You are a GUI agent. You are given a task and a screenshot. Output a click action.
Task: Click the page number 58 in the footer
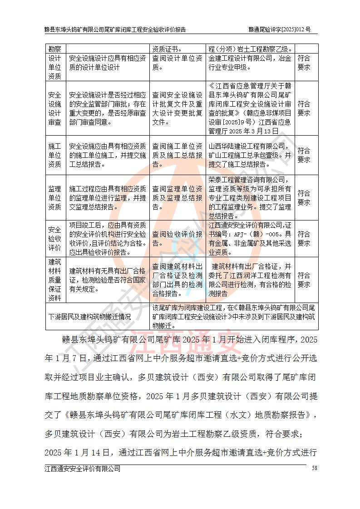[x=314, y=468]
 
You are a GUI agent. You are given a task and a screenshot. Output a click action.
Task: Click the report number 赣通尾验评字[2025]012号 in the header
[x=280, y=29]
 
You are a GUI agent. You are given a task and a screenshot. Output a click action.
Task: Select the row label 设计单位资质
[x=54, y=67]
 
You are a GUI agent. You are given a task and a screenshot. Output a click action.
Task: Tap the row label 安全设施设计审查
[x=54, y=108]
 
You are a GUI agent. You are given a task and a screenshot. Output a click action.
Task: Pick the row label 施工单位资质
[x=54, y=155]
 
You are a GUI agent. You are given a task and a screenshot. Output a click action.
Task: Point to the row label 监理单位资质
[x=54, y=197]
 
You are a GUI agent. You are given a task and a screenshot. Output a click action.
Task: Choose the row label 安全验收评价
[x=54, y=239]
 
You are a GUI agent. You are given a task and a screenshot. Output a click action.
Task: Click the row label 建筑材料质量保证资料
[x=54, y=279]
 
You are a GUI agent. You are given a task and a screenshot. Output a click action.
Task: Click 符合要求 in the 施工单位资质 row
[x=304, y=155]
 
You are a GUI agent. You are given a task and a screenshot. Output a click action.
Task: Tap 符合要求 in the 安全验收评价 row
[x=304, y=239]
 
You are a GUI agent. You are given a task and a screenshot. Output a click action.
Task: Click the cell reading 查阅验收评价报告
[x=178, y=239]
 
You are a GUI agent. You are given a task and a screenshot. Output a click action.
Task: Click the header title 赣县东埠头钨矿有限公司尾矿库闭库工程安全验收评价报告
[x=115, y=29]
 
